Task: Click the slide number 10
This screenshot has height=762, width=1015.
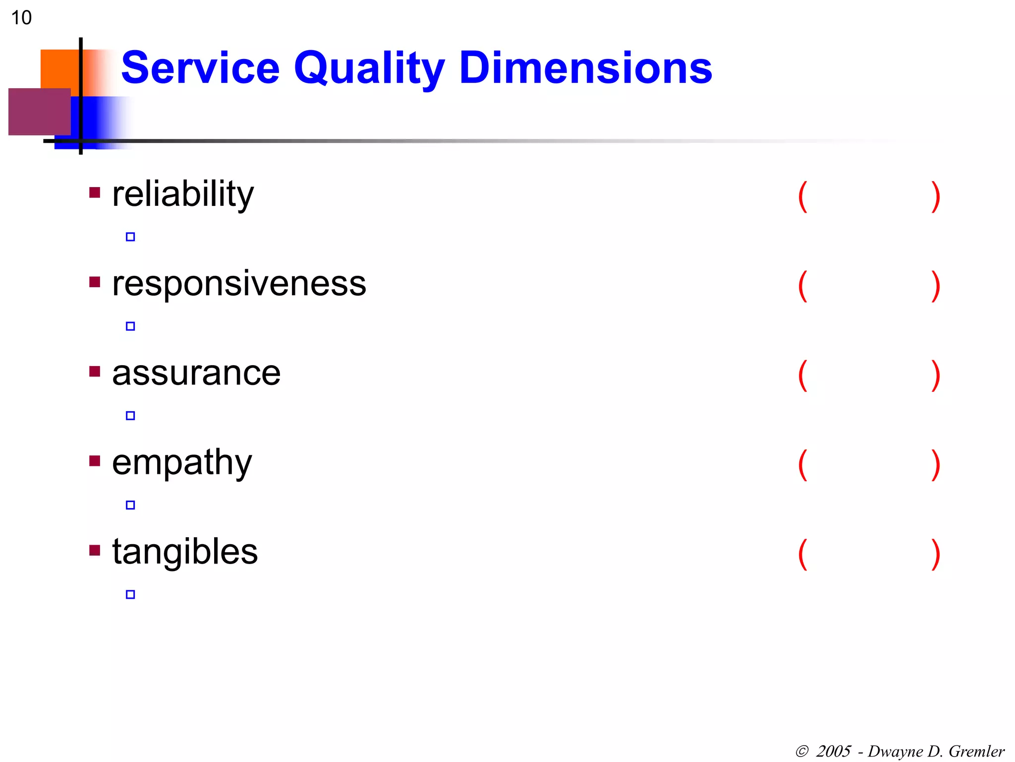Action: click(21, 18)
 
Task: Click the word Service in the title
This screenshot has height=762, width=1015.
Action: click(201, 68)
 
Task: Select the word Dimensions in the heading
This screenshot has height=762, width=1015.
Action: click(585, 68)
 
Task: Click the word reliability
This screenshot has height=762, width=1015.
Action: click(183, 194)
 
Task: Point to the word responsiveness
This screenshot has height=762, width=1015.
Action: click(239, 284)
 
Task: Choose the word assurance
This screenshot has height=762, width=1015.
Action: click(196, 373)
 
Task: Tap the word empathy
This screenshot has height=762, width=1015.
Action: click(182, 463)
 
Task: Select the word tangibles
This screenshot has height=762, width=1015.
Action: click(185, 552)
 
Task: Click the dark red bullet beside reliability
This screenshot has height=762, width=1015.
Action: click(95, 192)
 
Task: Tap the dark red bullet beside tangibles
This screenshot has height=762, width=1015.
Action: click(95, 550)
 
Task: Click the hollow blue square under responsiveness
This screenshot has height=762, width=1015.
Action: click(130, 326)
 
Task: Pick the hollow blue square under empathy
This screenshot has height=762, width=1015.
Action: click(130, 505)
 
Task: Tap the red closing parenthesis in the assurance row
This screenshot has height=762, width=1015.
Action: click(936, 376)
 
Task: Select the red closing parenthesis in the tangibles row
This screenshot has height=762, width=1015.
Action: click(936, 554)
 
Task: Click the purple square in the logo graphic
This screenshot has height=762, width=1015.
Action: click(39, 112)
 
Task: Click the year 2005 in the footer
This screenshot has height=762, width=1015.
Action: click(833, 751)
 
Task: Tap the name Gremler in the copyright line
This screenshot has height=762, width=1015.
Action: click(976, 751)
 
